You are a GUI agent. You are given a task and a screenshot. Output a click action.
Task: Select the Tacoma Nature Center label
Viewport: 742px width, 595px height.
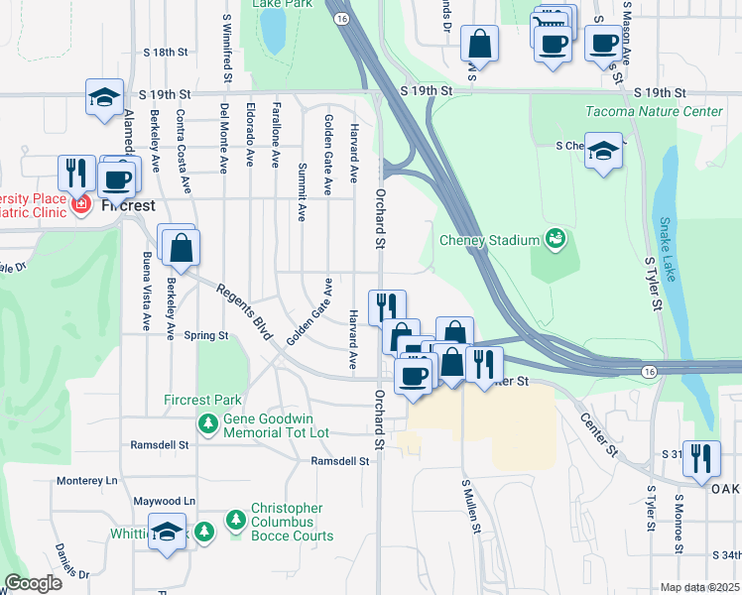(654, 111)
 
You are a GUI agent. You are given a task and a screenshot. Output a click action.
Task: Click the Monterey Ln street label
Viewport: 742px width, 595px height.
(86, 480)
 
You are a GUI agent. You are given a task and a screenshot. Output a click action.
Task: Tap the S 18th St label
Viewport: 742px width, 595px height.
(165, 52)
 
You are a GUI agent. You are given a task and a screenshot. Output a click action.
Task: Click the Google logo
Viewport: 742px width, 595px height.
(33, 583)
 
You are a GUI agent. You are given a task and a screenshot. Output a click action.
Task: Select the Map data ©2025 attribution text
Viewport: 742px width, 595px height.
(698, 587)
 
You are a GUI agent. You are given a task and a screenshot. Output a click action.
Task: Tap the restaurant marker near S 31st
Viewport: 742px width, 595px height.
(701, 458)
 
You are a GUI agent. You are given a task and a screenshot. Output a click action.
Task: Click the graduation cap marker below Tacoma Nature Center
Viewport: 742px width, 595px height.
(602, 153)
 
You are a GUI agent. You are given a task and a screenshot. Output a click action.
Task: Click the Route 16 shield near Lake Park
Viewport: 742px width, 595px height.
(341, 19)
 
